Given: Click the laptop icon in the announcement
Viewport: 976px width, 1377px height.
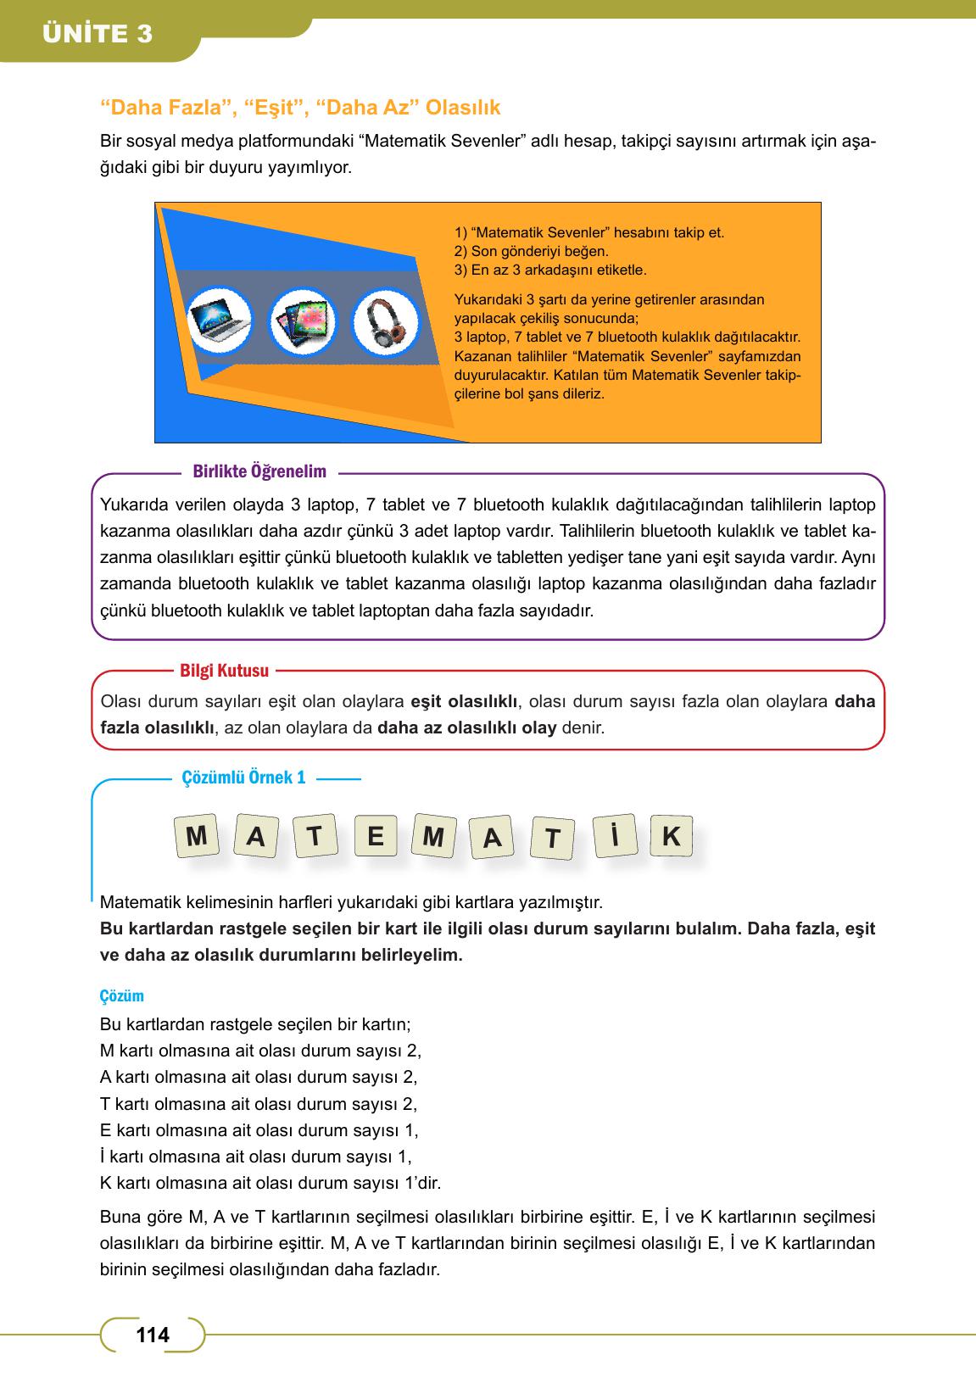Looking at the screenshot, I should pos(220,321).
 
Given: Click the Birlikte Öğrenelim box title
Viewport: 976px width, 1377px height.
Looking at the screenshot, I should pos(259,472).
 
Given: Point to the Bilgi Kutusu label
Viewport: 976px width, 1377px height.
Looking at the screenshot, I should pos(224,671).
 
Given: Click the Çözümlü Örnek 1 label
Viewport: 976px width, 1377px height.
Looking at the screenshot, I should pos(243,778).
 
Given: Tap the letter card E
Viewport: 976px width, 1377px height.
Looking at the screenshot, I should pos(376,837).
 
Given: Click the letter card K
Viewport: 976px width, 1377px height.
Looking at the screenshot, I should pos(671,837).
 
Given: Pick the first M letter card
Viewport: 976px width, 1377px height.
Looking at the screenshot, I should pos(197,837).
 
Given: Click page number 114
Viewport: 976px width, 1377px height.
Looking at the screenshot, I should pos(153,1335).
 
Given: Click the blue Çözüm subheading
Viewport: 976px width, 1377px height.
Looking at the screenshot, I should pos(121,996).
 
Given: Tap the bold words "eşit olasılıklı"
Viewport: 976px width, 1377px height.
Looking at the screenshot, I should pos(463,701).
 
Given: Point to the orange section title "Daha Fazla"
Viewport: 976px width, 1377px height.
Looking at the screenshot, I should pos(168,108).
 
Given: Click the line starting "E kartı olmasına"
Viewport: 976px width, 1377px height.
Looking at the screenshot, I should pos(259,1130).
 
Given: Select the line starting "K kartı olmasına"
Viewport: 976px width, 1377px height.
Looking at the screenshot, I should pos(270,1183).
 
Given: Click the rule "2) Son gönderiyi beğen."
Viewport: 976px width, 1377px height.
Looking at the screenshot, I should pos(532,251).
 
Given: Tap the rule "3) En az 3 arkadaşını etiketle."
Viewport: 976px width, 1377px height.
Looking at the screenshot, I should pos(550,270).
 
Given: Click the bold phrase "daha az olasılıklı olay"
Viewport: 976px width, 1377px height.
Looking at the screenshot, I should pos(466,728).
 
